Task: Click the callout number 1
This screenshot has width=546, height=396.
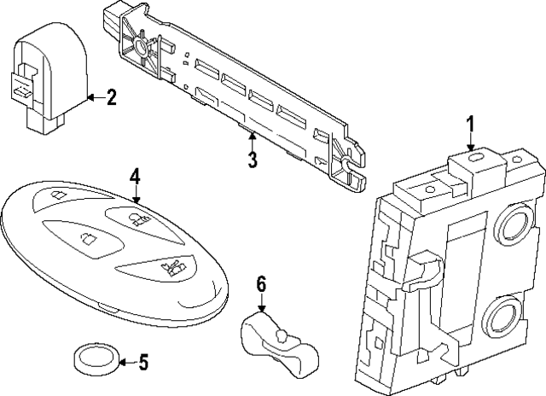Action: [470, 125]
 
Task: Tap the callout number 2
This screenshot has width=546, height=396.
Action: [111, 97]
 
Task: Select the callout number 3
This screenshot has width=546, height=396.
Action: [253, 160]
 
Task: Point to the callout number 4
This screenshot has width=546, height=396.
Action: [135, 176]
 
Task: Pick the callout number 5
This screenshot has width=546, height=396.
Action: [143, 362]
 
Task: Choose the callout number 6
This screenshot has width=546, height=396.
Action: [261, 283]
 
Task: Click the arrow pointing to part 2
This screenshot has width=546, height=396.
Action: [96, 97]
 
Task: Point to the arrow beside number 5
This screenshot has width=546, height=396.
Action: [128, 363]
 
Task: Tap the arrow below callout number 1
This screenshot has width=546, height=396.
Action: [470, 143]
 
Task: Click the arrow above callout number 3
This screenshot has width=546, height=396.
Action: [253, 142]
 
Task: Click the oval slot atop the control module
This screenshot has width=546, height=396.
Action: [474, 157]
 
